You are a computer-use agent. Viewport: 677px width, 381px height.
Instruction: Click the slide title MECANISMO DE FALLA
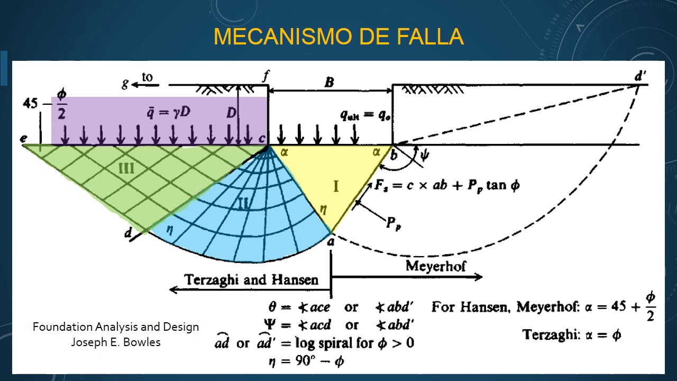point(338,37)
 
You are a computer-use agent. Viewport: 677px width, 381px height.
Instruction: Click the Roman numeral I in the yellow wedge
point(335,186)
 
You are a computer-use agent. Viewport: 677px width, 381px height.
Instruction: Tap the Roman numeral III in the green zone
point(126,169)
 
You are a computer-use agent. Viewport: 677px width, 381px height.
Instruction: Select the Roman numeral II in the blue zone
point(243,203)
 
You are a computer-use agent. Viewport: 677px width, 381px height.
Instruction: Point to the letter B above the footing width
point(329,83)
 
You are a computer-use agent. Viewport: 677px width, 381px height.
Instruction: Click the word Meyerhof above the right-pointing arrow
point(436,266)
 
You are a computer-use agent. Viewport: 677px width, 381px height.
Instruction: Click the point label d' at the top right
point(640,76)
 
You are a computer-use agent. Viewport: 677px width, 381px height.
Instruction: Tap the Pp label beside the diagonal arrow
point(393,223)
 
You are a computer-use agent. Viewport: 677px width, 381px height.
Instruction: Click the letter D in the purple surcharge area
point(231,113)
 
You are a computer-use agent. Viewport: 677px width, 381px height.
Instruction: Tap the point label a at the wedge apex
point(331,242)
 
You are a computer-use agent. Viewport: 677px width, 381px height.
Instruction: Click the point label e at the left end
point(24,139)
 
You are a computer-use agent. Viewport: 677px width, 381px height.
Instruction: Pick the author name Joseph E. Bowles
point(116,342)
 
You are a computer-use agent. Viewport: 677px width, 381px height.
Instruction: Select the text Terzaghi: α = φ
point(572,334)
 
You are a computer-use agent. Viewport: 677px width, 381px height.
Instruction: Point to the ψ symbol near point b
point(424,156)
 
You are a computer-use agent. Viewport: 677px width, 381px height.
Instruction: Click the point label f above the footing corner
point(266,76)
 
